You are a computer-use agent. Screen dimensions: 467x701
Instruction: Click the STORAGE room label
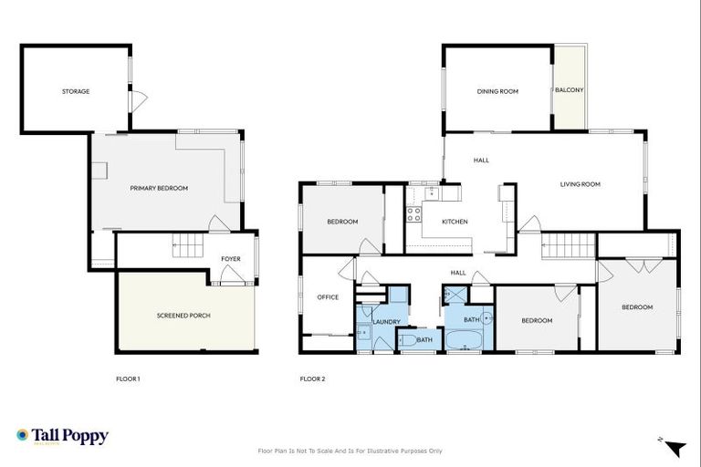pyautogui.click(x=76, y=91)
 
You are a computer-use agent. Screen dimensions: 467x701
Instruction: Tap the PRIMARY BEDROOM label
pyautogui.click(x=159, y=188)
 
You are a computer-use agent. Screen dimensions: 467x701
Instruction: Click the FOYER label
pyautogui.click(x=231, y=259)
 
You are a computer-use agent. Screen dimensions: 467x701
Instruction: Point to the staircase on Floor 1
pyautogui.click(x=187, y=246)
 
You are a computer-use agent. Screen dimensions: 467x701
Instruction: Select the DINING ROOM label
pyautogui.click(x=497, y=91)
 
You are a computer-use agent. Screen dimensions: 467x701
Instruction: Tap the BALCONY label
pyautogui.click(x=570, y=90)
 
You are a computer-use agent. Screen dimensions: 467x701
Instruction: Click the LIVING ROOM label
pyautogui.click(x=580, y=184)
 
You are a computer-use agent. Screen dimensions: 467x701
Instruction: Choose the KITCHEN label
pyautogui.click(x=455, y=222)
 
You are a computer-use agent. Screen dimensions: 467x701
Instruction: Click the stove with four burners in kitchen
pyautogui.click(x=413, y=215)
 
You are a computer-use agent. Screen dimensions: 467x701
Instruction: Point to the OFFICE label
pyautogui.click(x=328, y=297)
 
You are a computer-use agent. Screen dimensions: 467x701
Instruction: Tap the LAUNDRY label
pyautogui.click(x=387, y=321)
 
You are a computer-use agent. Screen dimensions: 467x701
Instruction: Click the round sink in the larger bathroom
pyautogui.click(x=487, y=319)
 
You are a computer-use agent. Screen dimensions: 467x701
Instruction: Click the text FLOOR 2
pyautogui.click(x=313, y=379)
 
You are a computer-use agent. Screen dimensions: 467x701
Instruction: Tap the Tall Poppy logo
pyautogui.click(x=62, y=436)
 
